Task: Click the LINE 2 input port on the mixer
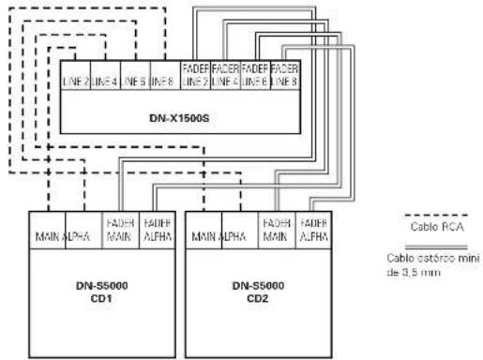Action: (x=76, y=80)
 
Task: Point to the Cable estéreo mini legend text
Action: (x=422, y=264)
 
